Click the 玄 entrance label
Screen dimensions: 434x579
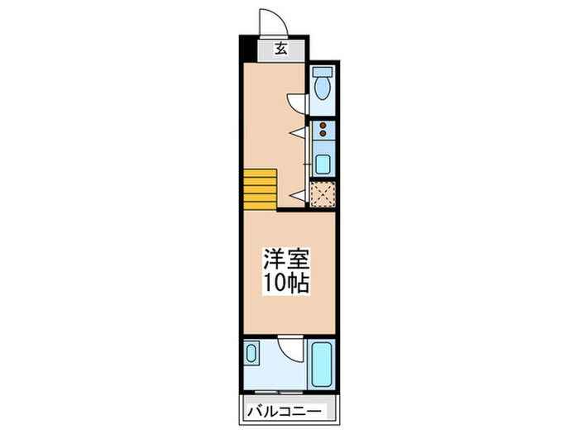(281, 50)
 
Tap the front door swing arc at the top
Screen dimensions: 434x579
(270, 21)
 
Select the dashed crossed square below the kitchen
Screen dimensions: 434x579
(323, 193)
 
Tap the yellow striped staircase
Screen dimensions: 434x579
(260, 189)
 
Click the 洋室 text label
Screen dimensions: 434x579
(286, 259)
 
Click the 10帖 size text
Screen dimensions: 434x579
(286, 284)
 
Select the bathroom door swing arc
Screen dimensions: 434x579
(289, 347)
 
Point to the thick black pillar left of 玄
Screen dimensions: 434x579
(246, 49)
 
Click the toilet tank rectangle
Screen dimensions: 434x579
(323, 73)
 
